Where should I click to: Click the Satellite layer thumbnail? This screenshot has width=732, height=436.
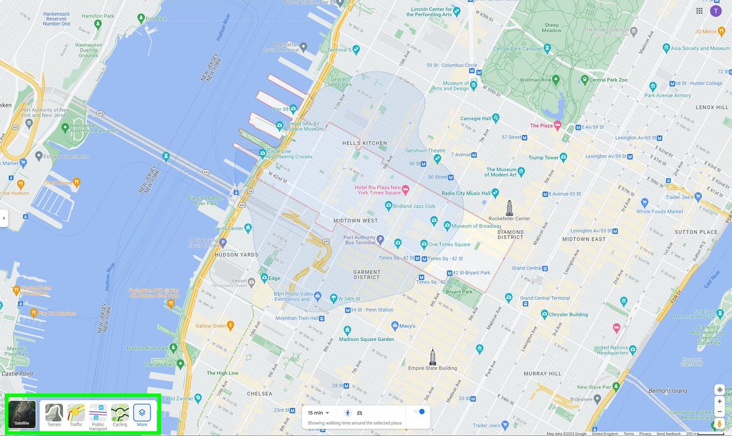[x=22, y=414]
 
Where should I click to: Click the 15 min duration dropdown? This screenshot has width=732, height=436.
[x=318, y=413]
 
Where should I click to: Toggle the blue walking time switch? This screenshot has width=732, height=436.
[x=419, y=412]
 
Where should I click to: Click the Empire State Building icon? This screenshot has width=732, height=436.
[x=432, y=356]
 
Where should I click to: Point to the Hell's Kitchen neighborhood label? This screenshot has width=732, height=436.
[x=364, y=143]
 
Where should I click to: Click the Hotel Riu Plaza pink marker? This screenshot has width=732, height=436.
[x=404, y=190]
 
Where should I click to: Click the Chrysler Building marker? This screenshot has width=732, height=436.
[x=544, y=315]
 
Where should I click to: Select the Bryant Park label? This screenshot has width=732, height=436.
[x=459, y=292]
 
